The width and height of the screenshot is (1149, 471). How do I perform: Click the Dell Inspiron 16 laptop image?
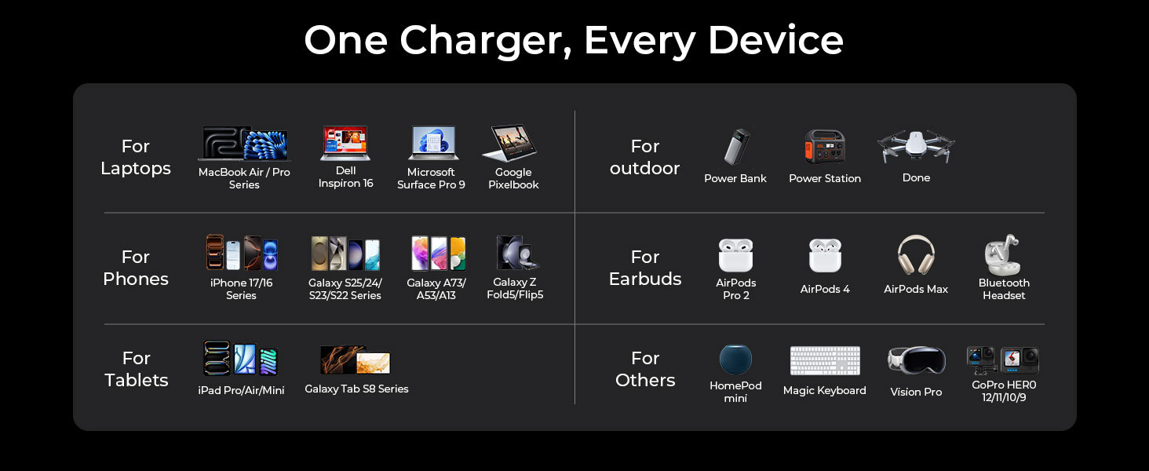pos(345,144)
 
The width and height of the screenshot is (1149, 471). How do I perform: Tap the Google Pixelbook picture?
pos(513,144)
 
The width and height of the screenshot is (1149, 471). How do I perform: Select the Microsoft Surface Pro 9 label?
pos(431,178)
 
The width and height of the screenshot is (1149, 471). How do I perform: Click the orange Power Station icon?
pos(825,147)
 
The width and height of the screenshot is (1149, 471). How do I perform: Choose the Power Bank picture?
pos(736,147)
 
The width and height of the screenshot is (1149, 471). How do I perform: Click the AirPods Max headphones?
pos(916,255)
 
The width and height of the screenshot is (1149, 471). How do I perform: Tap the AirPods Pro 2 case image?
pos(735,255)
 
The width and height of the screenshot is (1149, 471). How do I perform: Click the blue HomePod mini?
pos(735,360)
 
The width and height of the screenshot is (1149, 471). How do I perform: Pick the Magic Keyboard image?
pos(825,361)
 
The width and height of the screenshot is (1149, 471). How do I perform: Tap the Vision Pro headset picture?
pos(916,361)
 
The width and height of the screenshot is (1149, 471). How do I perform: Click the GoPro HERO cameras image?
pos(1003,360)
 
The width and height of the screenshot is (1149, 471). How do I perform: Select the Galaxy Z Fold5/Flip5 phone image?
pos(517,253)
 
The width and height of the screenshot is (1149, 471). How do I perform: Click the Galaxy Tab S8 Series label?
pos(356,389)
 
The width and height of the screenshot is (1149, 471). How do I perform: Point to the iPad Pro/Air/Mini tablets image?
pos(241,359)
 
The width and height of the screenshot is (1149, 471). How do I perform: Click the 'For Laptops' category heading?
pos(136,158)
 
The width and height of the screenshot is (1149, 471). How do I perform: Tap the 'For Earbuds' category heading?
pos(645,268)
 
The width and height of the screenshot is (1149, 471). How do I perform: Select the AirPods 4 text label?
pos(825,289)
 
